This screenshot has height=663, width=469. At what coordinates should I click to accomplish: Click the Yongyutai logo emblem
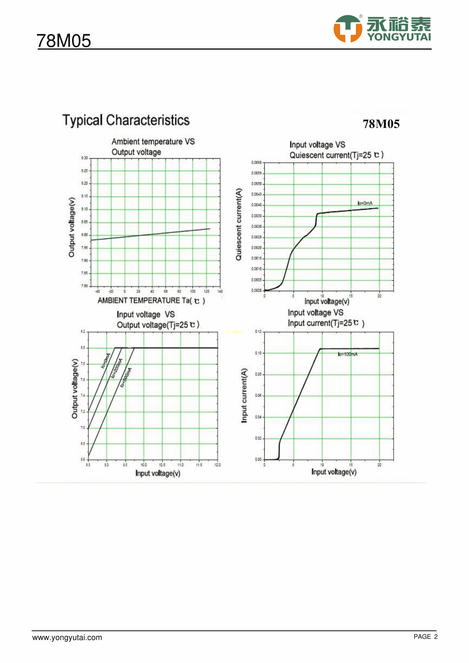click(348, 29)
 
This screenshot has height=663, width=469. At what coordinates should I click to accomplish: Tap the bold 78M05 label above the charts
click(381, 124)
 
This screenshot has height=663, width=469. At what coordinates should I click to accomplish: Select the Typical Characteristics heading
click(126, 120)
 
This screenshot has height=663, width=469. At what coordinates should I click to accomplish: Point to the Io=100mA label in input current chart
click(348, 354)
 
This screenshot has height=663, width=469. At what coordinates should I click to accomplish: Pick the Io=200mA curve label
click(117, 368)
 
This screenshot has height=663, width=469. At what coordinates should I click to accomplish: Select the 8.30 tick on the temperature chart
click(84, 158)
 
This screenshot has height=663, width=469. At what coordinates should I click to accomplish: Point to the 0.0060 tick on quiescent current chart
click(256, 162)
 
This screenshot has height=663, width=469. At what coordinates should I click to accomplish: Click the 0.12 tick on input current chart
click(258, 331)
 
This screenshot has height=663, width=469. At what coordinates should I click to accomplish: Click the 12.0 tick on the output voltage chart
click(217, 465)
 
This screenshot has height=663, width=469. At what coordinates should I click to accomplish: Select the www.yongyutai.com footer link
click(67, 638)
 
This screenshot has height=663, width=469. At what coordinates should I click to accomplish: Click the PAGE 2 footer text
click(425, 637)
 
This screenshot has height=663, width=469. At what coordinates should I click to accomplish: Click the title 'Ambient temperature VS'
click(153, 142)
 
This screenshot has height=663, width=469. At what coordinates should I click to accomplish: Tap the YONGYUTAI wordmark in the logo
click(399, 37)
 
